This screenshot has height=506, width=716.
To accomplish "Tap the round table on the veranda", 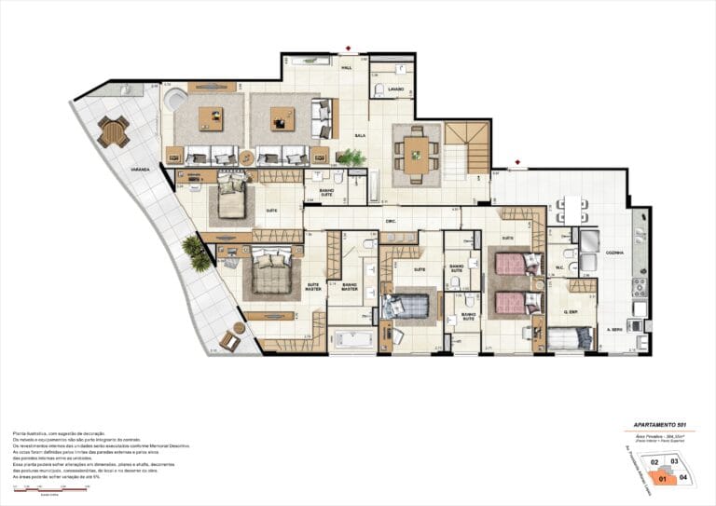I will pyautogui.click(x=113, y=132).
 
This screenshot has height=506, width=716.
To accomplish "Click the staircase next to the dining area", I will pyautogui.click(x=466, y=149).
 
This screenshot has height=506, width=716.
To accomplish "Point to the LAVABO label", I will pyautogui.click(x=396, y=89).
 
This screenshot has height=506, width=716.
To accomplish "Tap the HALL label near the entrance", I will pyautogui.click(x=347, y=69).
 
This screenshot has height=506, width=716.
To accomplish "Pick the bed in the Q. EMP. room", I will pyautogui.click(x=569, y=336).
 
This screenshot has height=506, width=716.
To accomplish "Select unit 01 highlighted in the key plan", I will pyautogui.click(x=664, y=481).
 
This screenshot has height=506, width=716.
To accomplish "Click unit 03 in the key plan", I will pyautogui.click(x=674, y=461).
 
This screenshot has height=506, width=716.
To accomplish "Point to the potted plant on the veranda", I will pyautogui.click(x=197, y=252).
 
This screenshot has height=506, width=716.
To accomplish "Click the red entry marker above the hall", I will pyautogui.click(x=348, y=48).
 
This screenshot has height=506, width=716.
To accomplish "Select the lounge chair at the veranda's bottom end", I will pyautogui.click(x=228, y=342).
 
